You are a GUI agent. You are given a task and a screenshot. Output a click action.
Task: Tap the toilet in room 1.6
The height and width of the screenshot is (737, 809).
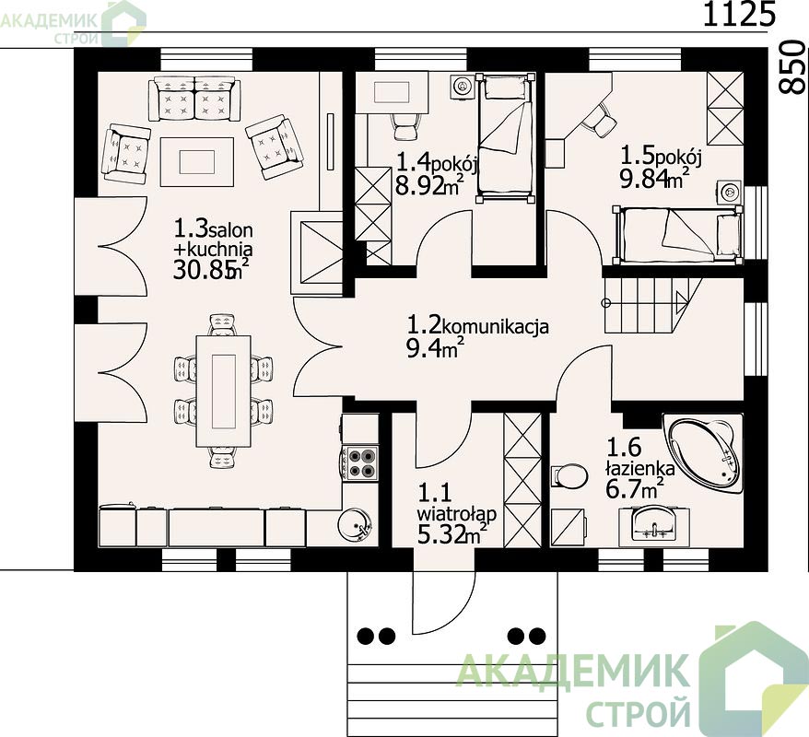[569, 475]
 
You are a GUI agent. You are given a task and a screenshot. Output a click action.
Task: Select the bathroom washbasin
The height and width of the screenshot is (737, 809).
[653, 523]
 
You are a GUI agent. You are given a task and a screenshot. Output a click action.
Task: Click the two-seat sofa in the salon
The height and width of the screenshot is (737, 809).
[194, 99]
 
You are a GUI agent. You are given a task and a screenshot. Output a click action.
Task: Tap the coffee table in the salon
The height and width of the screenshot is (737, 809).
[196, 161]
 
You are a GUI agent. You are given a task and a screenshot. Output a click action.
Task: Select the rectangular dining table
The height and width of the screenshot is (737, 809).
[223, 392]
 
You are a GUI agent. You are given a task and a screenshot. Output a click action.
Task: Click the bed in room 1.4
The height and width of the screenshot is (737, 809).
[505, 138]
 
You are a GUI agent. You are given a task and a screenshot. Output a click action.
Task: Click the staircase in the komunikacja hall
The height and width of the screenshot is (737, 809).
[653, 306]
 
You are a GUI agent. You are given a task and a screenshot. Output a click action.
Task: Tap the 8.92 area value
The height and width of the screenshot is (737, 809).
[420, 185]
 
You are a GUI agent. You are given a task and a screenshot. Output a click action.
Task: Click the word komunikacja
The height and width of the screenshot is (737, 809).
[496, 326]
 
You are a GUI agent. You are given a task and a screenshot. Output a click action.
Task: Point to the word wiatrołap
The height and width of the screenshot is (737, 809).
[457, 514]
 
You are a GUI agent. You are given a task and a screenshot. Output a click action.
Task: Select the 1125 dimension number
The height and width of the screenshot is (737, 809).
[739, 14]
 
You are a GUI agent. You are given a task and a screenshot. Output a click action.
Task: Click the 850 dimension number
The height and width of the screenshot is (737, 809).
[791, 67]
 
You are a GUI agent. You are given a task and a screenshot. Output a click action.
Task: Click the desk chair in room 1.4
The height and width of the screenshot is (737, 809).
[404, 126]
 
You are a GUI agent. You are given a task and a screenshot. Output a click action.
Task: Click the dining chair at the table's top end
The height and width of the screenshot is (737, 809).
[222, 325]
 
